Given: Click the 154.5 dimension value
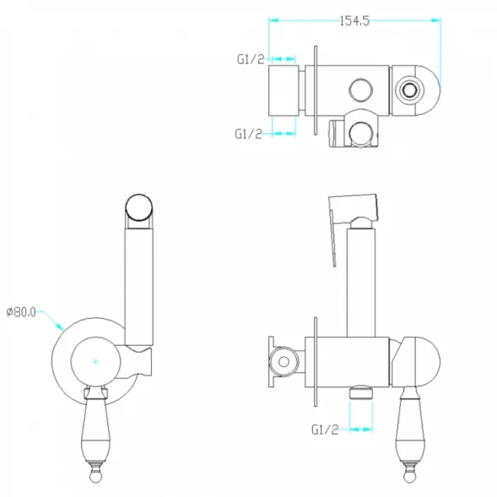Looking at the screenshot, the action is click(354, 21).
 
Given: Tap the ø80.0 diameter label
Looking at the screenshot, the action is click(21, 312).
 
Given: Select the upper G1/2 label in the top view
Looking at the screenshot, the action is click(251, 59).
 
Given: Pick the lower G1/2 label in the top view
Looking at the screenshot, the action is click(248, 134).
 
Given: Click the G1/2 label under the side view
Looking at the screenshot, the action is click(325, 429).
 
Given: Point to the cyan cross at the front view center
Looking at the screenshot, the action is click(95, 362).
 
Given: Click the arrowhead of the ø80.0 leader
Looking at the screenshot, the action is click(60, 327).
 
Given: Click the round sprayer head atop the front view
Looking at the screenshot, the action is click(139, 208).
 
